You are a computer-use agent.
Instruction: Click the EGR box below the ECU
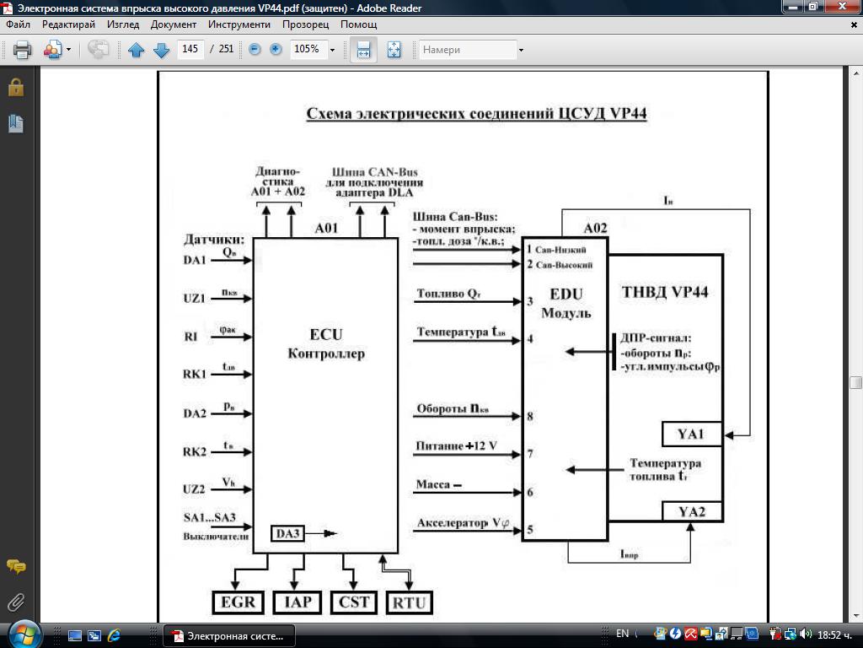coord(238,602)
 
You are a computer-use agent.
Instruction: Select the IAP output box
coord(297,602)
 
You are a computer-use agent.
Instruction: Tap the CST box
coord(353,602)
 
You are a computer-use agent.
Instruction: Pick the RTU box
coord(410,602)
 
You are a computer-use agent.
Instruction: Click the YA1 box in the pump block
coord(691,435)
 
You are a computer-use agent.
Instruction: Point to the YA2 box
coord(691,511)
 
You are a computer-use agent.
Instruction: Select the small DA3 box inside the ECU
coord(288,533)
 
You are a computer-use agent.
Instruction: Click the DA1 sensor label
coord(195,260)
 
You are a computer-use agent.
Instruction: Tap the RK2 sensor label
coord(195,451)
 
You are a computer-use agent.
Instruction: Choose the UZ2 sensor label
coord(195,489)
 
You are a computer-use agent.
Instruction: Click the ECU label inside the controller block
coord(325,334)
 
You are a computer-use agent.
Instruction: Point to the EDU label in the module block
coord(566,295)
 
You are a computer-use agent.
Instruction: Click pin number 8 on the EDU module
coord(530,416)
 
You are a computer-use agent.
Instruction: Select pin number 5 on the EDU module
coord(530,530)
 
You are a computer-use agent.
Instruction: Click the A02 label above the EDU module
coord(596,228)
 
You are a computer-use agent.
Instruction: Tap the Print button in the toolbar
coord(23,50)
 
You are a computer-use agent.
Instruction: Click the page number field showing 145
coord(190,50)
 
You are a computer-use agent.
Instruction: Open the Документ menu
coord(174,24)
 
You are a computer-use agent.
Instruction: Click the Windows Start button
coord(23,634)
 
